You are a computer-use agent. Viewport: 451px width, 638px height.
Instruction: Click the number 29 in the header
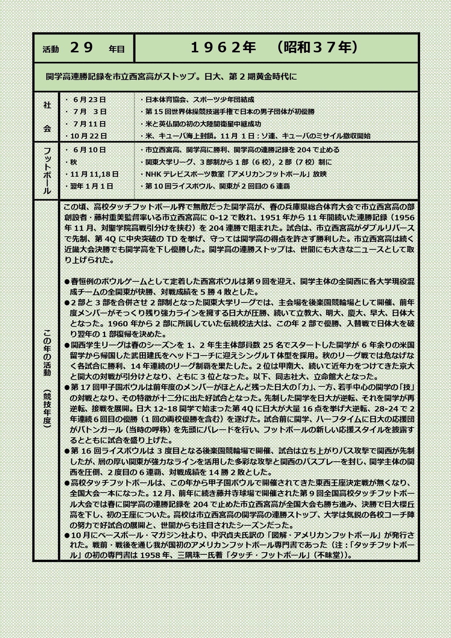[x=82, y=48]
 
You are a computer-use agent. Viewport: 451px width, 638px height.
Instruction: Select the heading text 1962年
[x=223, y=48]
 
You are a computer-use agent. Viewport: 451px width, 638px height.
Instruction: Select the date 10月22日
[x=86, y=136]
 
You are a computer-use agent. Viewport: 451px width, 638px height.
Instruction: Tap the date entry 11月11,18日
[x=92, y=174]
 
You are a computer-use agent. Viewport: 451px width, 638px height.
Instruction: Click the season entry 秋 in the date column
[x=73, y=162]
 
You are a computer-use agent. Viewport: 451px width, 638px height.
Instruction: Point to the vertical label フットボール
[x=47, y=170]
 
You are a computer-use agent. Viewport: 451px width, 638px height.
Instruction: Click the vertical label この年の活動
[x=47, y=353]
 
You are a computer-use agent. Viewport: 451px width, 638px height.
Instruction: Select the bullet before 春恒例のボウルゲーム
[x=67, y=282]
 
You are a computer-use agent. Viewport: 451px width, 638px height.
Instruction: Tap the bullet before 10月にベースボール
[x=67, y=535]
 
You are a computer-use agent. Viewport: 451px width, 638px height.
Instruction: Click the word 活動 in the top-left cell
[x=51, y=49]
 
